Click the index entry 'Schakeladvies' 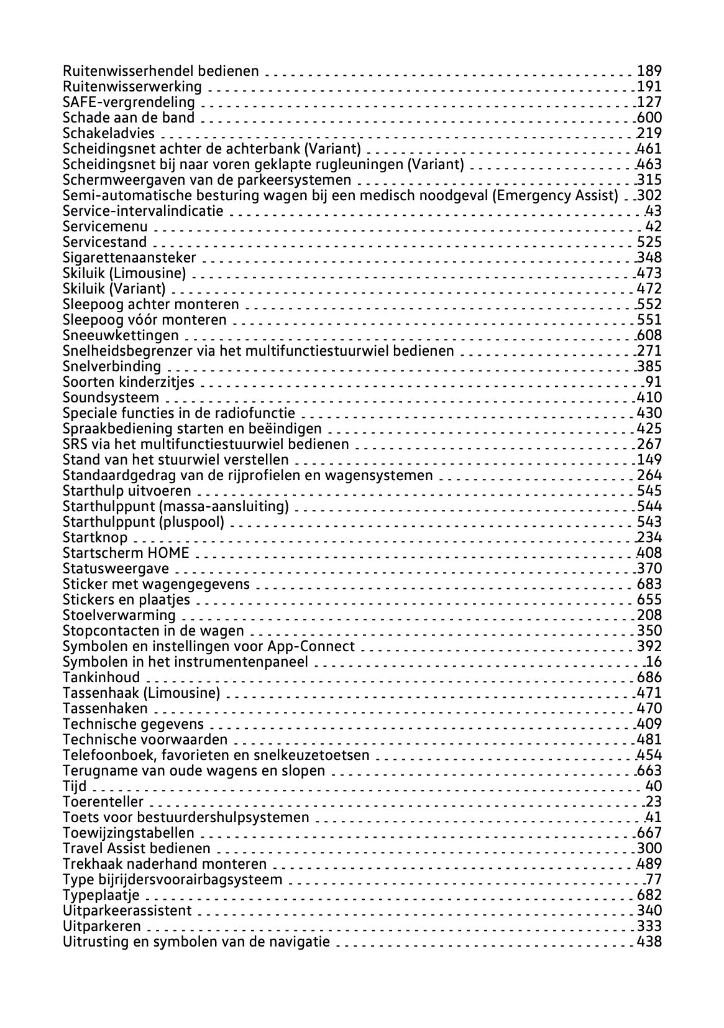(x=109, y=133)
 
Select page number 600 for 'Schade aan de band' (x=649, y=118)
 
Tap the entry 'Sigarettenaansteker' (x=129, y=257)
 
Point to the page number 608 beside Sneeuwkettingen (x=649, y=335)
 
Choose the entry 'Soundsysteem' (x=111, y=397)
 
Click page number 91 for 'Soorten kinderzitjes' (x=654, y=382)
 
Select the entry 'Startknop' (x=95, y=537)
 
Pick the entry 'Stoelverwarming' (x=119, y=615)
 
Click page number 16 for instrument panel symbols (x=654, y=662)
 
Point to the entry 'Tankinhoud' (x=101, y=677)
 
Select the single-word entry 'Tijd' (x=75, y=786)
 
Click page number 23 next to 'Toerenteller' (x=654, y=802)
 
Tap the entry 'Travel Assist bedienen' (x=137, y=848)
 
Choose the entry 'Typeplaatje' (x=101, y=895)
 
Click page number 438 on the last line (x=649, y=942)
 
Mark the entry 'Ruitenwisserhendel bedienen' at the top (x=161, y=71)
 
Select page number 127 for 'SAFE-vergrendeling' (x=649, y=102)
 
